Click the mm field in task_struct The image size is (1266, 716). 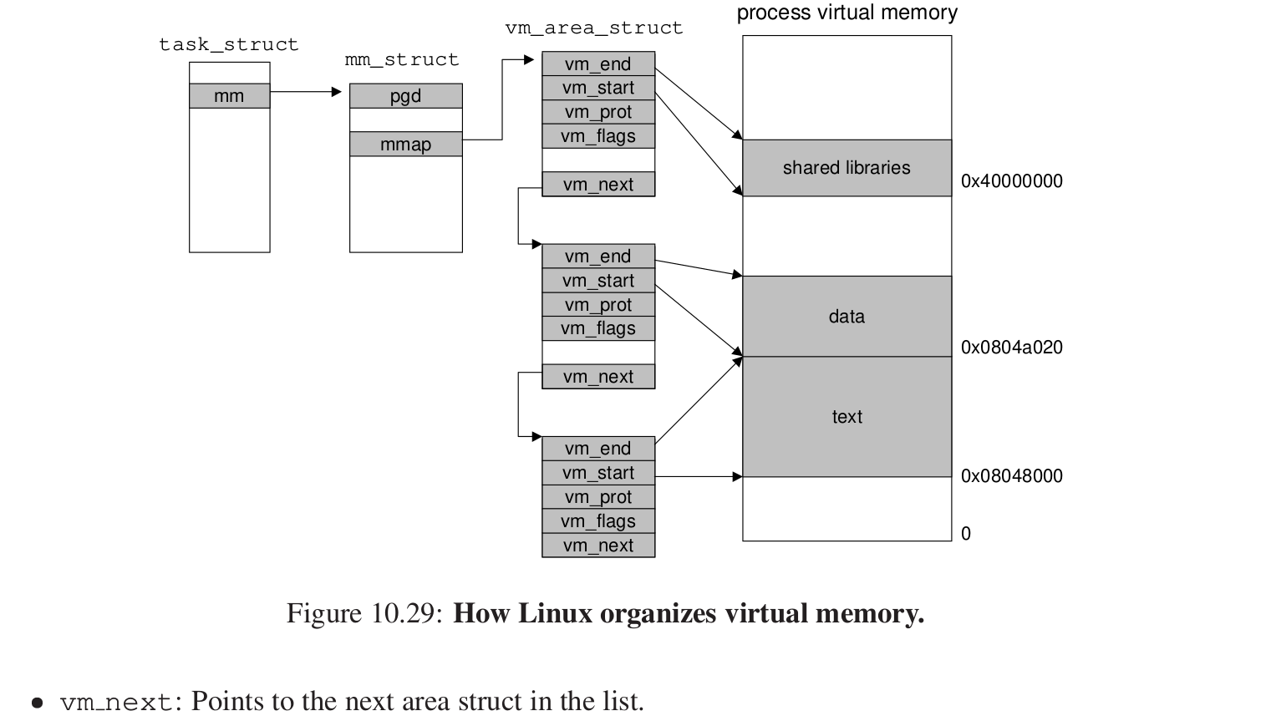[229, 96]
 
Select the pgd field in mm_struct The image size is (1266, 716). [405, 96]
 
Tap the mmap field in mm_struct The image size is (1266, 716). [405, 145]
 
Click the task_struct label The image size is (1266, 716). [229, 44]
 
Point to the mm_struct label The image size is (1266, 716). [402, 60]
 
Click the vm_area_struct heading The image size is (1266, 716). [594, 28]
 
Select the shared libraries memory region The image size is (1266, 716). [847, 168]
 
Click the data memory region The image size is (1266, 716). [847, 317]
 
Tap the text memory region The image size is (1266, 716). [847, 417]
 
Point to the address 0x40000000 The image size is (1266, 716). [1011, 181]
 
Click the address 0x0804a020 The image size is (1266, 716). [1011, 348]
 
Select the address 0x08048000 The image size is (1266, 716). [1011, 476]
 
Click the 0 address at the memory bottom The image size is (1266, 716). [966, 534]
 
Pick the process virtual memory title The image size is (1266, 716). [847, 13]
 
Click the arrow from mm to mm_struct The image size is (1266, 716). [306, 92]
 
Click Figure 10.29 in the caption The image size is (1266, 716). [364, 614]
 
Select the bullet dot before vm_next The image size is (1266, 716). [37, 703]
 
